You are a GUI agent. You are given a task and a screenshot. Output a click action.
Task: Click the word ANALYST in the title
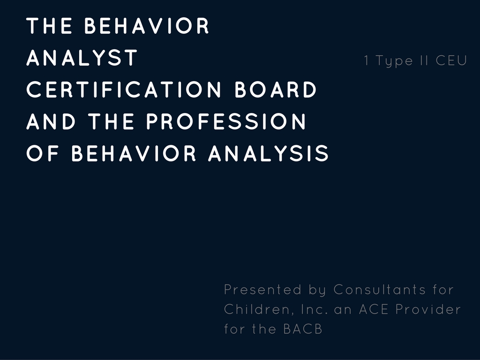(82, 58)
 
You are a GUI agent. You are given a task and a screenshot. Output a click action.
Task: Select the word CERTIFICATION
(124, 90)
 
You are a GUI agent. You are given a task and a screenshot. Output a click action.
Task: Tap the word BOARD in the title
(276, 90)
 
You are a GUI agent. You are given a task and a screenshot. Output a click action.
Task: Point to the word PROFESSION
(226, 121)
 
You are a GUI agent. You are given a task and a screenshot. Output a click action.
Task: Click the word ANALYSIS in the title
(269, 153)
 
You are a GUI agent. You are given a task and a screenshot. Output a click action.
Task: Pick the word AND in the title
(51, 121)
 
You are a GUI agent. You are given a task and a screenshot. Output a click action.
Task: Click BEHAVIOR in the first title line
(146, 25)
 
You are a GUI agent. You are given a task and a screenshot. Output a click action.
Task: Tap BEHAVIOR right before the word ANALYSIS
(134, 153)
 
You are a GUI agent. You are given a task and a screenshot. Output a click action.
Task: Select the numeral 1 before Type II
(367, 60)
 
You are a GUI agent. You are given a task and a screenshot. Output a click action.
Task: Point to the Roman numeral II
(424, 60)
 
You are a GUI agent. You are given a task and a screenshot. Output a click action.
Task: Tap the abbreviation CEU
(451, 60)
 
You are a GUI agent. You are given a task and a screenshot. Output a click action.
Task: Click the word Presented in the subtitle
(262, 289)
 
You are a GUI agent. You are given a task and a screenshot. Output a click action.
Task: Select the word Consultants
(380, 289)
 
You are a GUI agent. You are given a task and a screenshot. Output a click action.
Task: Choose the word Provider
(428, 309)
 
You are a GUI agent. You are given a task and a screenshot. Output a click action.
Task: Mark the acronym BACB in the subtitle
(303, 329)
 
